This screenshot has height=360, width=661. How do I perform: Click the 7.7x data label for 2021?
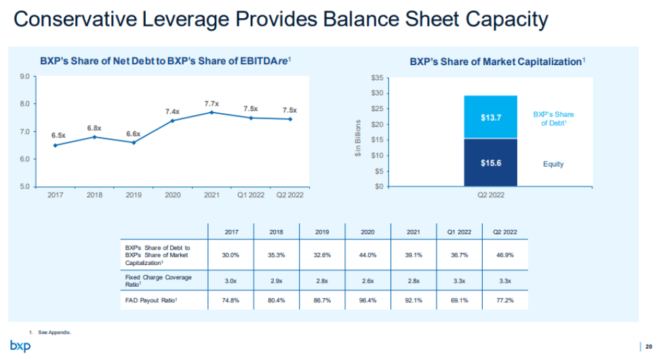[212, 104]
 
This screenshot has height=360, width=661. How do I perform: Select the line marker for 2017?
[55, 145]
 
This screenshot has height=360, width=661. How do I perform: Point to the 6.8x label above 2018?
[94, 128]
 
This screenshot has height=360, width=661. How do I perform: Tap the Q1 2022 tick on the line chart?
[251, 195]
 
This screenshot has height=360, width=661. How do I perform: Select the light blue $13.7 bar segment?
[490, 117]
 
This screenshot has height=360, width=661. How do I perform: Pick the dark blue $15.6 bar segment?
[490, 163]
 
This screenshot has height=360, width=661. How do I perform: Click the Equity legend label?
[553, 164]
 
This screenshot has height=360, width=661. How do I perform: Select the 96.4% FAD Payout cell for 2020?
[367, 299]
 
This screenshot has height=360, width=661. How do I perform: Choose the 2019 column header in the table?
[322, 232]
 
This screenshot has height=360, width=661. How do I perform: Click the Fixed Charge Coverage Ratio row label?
[158, 280]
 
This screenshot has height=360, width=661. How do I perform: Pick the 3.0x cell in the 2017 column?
[230, 279]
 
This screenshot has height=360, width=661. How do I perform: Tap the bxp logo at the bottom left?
[20, 346]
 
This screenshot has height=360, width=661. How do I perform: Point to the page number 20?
[649, 346]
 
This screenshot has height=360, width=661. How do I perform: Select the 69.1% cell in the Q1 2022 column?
[459, 299]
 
